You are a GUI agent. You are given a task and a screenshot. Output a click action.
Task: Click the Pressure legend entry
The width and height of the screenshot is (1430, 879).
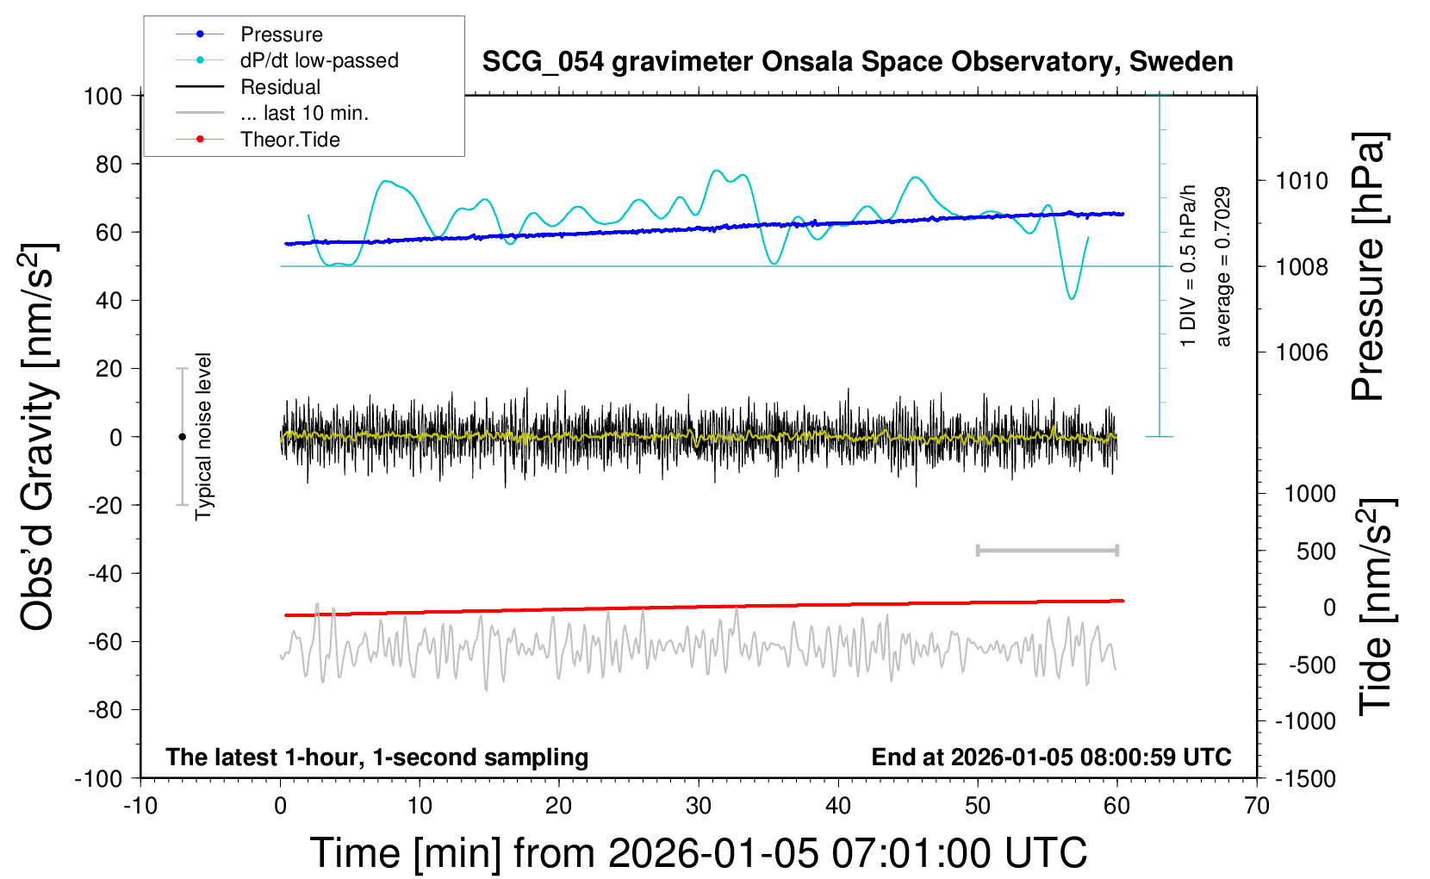[x=281, y=34]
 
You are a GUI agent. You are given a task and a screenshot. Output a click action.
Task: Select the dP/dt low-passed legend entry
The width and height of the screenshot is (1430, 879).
[x=319, y=60]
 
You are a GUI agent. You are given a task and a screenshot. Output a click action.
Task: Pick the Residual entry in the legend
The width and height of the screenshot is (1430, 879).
[x=280, y=87]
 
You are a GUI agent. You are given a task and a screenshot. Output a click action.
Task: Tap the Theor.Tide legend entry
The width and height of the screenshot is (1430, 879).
[x=289, y=140]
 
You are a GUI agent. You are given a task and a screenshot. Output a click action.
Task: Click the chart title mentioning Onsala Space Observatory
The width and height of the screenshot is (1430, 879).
[x=857, y=62]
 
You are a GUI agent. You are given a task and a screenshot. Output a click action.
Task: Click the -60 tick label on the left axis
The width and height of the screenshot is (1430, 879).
[x=103, y=641]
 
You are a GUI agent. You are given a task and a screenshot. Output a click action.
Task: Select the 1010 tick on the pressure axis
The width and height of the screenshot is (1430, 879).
[x=1302, y=181]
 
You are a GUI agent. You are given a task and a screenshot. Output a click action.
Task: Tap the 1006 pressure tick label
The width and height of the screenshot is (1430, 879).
[x=1302, y=352]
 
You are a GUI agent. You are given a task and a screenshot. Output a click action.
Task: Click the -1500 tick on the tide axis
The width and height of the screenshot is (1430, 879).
[x=1306, y=779]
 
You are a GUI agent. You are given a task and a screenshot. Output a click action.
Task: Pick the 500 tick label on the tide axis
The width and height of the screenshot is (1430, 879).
[x=1315, y=552]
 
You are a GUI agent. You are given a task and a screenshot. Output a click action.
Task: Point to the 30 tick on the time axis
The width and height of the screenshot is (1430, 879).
[x=699, y=807]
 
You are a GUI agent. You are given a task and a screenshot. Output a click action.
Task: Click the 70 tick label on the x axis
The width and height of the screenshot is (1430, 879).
[x=1257, y=807]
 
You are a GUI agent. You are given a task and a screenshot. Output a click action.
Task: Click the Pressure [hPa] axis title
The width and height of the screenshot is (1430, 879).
[x=1368, y=266]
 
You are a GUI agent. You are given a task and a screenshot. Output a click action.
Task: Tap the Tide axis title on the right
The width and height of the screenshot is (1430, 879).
[x=1376, y=607]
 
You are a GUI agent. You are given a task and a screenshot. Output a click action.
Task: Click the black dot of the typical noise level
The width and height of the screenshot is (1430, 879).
[x=182, y=437]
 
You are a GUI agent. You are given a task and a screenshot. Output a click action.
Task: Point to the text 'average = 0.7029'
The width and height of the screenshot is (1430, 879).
[x=1223, y=266]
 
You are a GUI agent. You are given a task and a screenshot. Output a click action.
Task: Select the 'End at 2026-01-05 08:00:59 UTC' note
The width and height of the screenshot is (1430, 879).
[x=1051, y=757]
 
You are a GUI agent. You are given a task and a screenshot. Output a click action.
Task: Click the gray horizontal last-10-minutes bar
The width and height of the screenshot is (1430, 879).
[x=1047, y=551]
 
